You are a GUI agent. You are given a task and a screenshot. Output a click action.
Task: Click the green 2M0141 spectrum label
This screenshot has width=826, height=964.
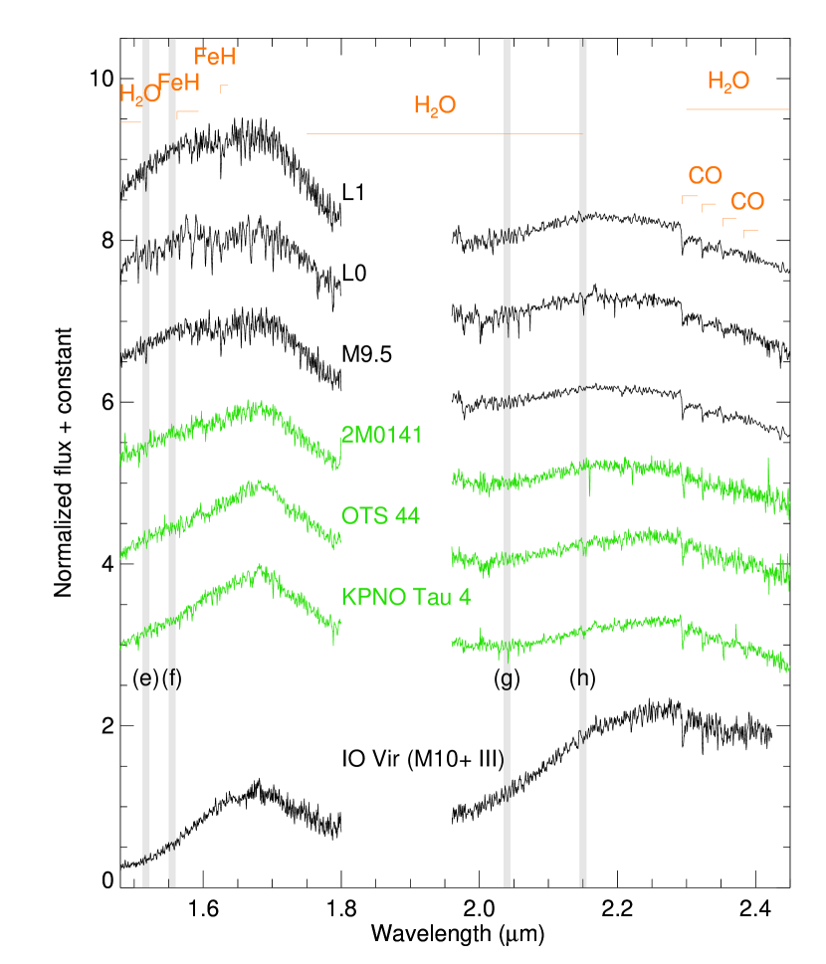pyautogui.click(x=381, y=435)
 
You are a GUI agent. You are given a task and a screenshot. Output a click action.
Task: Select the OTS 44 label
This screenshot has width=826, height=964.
pyautogui.click(x=380, y=516)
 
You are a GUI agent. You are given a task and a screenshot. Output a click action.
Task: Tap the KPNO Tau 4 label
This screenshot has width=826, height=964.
pyautogui.click(x=405, y=597)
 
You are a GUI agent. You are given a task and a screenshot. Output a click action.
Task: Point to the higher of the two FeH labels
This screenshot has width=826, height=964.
pyautogui.click(x=214, y=57)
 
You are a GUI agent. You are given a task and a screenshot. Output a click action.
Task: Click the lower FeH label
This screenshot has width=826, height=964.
pyautogui.click(x=179, y=83)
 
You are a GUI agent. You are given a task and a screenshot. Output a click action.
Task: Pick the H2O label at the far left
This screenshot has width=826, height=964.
pyautogui.click(x=139, y=95)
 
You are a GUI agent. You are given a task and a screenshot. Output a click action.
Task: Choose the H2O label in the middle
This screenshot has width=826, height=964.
pyautogui.click(x=435, y=106)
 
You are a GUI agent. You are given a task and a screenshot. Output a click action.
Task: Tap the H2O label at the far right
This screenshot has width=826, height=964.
pyautogui.click(x=728, y=82)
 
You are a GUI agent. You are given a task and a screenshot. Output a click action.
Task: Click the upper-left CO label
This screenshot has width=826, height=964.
pyautogui.click(x=705, y=177)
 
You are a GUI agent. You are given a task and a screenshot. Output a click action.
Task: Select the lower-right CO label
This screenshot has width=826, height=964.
pyautogui.click(x=747, y=203)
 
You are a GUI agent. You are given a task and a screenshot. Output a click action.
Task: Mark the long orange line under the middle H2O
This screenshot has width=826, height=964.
pyautogui.click(x=443, y=133)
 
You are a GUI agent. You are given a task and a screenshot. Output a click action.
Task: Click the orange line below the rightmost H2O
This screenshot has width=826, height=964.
pyautogui.click(x=737, y=108)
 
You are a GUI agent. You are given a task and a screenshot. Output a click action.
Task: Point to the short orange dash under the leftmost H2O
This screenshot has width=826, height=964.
pyautogui.click(x=130, y=122)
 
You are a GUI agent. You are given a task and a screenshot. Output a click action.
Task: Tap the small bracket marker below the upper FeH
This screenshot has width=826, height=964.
pyautogui.click(x=224, y=88)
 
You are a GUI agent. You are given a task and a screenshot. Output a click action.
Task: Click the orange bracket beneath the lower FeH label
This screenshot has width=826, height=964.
pyautogui.click(x=187, y=112)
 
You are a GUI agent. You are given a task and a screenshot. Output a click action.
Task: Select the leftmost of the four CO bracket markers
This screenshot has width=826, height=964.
pyautogui.click(x=689, y=198)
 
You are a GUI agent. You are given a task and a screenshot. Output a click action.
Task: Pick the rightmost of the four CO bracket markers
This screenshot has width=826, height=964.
pyautogui.click(x=750, y=232)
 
